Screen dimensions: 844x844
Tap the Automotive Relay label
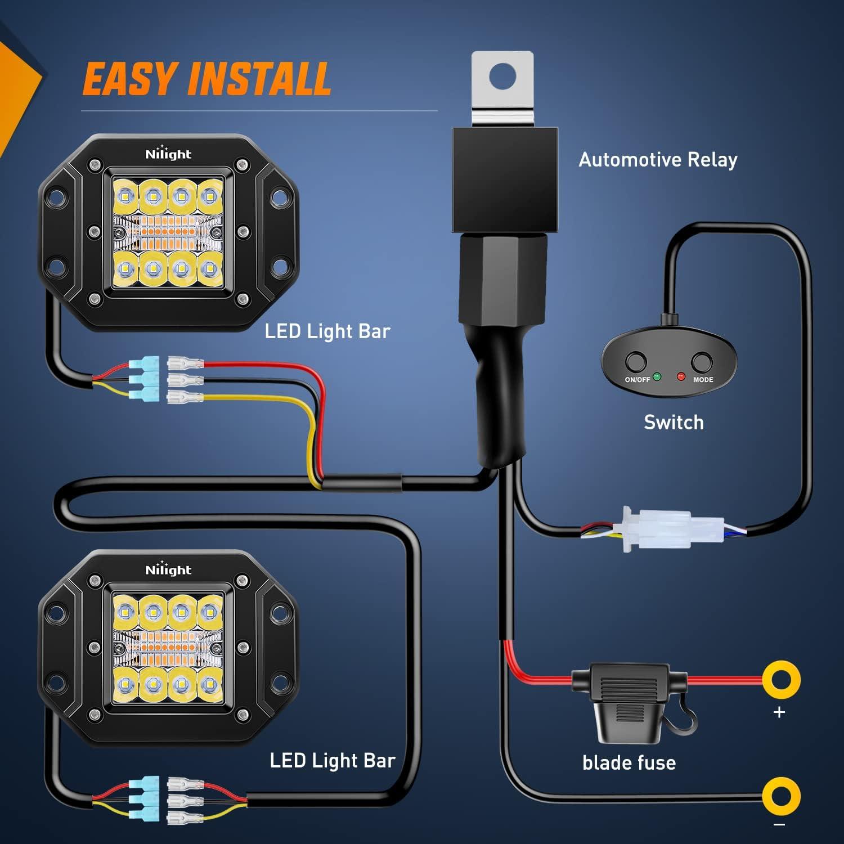tap(658, 160)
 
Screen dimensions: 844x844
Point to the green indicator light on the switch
tap(657, 376)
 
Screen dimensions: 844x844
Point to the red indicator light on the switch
tap(681, 376)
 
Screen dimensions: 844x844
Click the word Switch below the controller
tap(674, 422)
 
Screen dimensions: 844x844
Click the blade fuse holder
tap(629, 698)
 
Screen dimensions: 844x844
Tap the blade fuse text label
tap(629, 763)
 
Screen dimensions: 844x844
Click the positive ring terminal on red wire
tap(781, 680)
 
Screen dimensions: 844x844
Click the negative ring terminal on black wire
tap(781, 796)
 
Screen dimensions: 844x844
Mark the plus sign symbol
tap(779, 712)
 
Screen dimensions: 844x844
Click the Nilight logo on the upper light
tap(168, 154)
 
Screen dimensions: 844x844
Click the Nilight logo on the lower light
tap(168, 569)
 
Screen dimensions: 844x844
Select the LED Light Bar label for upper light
tap(327, 331)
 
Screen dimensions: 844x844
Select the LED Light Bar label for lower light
tap(333, 761)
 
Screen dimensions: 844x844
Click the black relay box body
tap(505, 179)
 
